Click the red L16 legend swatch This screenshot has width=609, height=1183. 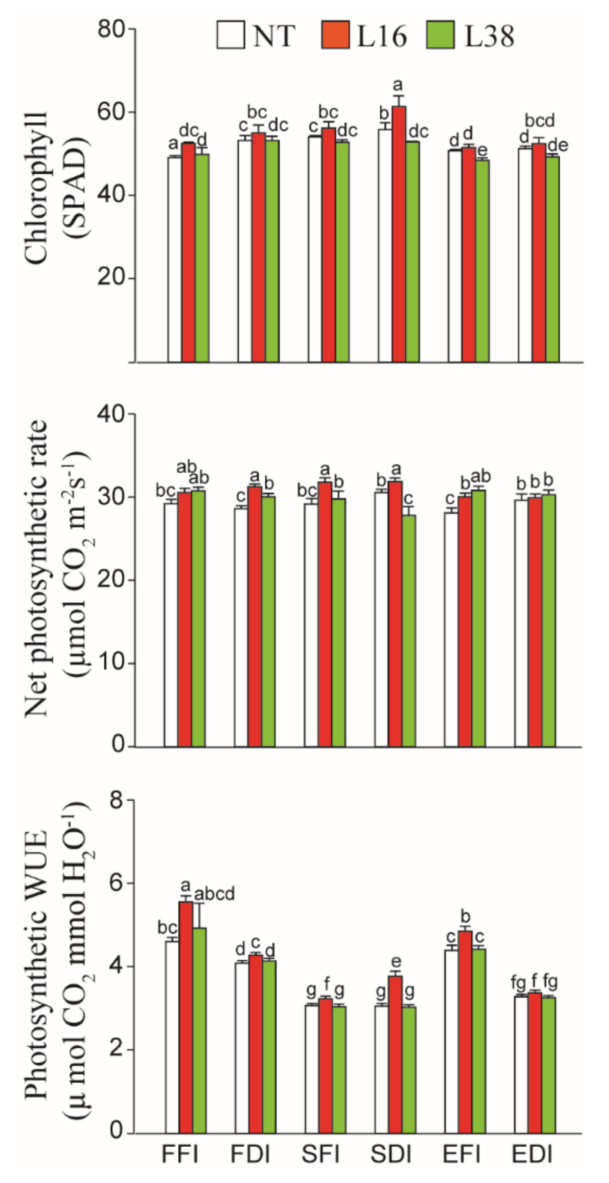point(335,35)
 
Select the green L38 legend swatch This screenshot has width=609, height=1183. point(440,35)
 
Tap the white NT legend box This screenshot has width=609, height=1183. point(231,35)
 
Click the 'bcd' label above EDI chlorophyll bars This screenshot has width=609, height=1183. point(540,121)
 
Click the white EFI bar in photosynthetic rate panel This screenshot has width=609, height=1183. point(451,629)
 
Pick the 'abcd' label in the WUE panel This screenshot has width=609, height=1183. point(214,894)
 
